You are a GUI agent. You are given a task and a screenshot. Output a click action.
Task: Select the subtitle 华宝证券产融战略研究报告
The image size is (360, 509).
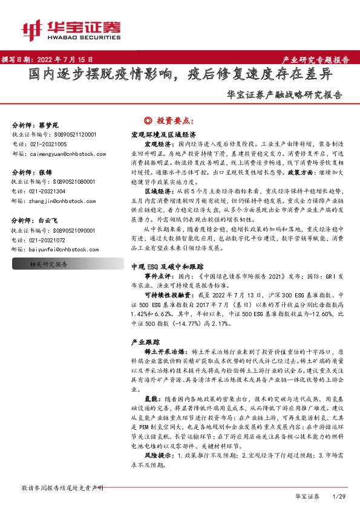[x=283, y=95]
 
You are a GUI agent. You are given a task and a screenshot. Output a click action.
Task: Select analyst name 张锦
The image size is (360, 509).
[x=45, y=172]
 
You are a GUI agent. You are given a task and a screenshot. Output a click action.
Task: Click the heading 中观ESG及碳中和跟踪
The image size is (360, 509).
[x=165, y=266]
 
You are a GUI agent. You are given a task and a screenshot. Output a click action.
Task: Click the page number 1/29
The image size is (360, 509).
[x=338, y=496]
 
